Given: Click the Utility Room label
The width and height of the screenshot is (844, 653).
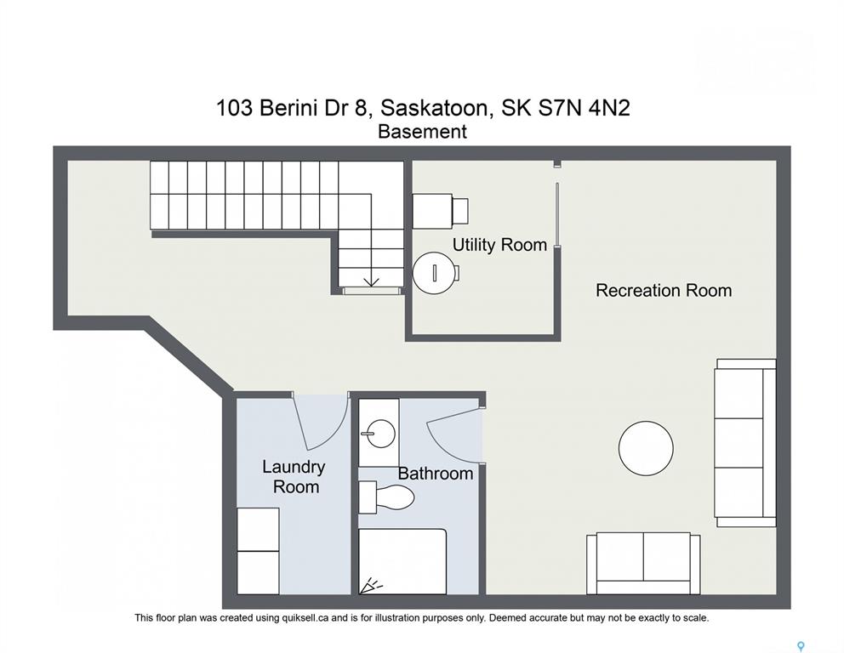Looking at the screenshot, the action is (499, 245).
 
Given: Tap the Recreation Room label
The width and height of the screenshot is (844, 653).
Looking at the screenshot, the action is (664, 291).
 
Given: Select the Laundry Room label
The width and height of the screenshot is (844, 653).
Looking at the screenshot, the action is (294, 477).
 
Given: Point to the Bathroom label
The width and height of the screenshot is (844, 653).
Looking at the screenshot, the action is (436, 474).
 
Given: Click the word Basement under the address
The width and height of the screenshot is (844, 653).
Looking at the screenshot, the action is (423, 131).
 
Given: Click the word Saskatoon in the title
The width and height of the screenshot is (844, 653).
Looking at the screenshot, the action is (436, 109).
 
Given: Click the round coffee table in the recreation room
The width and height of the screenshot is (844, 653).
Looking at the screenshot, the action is (646, 448).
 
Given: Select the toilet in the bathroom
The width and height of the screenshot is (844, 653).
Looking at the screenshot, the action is (386, 497).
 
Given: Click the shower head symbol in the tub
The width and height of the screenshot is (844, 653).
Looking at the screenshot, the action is (370, 585).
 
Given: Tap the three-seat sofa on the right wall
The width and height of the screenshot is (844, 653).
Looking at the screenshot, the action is (745, 443).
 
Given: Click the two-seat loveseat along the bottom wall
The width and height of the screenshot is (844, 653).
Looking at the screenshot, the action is (644, 564).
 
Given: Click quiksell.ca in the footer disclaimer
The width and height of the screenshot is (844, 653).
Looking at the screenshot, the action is (305, 618).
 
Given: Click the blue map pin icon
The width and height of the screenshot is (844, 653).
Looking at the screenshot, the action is (801, 646).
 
